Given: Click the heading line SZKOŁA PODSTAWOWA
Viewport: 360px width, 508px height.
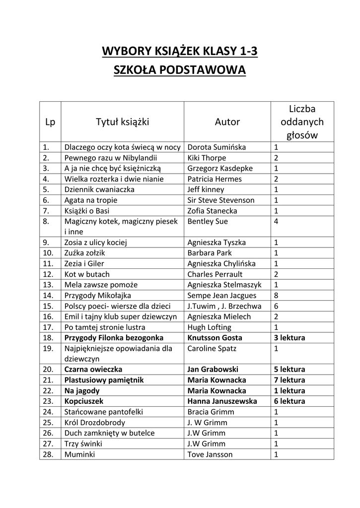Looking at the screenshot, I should tap(180, 70).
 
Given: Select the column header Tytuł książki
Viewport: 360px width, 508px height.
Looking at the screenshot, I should tap(122, 122).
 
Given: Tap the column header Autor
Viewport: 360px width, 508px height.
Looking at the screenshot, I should tap(227, 122).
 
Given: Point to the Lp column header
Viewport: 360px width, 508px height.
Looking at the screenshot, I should tap(50, 122).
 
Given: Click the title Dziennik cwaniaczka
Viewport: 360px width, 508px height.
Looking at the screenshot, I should tap(99, 190).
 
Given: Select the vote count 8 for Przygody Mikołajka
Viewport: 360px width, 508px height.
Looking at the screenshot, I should tap(277, 295).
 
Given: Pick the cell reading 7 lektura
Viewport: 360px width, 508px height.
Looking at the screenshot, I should tap(289, 380).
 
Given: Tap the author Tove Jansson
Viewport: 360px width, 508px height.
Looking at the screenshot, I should tap(210, 454).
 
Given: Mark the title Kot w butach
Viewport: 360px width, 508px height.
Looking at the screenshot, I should tap(87, 274).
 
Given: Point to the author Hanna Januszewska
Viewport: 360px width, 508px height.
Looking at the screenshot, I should tap(222, 401).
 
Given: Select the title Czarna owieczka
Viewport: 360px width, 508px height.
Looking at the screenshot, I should tap(93, 370).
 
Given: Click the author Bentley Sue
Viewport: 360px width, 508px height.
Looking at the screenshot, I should tap(208, 221).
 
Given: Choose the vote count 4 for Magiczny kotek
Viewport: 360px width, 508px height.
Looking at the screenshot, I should tap(277, 221).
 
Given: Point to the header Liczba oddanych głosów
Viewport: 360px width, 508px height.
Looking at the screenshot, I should tap(302, 122).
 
